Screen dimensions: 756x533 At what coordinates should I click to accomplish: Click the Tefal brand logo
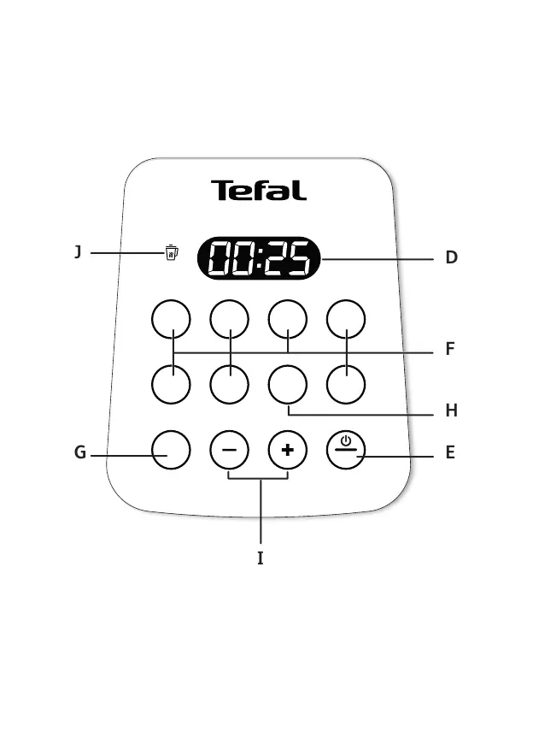click(x=258, y=191)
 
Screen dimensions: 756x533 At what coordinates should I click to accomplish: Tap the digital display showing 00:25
click(x=259, y=258)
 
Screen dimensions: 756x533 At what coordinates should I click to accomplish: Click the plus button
click(x=288, y=450)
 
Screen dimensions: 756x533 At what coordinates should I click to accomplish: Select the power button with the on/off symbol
click(x=345, y=450)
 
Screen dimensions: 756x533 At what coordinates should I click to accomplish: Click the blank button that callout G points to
click(x=171, y=450)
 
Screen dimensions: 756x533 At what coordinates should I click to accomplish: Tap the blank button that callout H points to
click(x=288, y=384)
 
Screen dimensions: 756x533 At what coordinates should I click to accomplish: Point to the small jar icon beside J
click(x=172, y=252)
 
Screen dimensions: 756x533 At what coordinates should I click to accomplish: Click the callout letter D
click(x=451, y=258)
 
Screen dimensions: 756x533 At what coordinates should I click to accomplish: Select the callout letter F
click(x=449, y=350)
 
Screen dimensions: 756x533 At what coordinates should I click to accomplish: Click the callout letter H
click(x=451, y=411)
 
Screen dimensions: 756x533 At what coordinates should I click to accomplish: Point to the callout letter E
click(x=450, y=453)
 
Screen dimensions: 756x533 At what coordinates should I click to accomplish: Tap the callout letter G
click(x=79, y=453)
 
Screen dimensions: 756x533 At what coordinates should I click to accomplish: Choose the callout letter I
click(x=261, y=558)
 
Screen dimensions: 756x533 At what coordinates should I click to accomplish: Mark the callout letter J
click(x=78, y=252)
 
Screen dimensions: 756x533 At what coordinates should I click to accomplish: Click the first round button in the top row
click(x=171, y=319)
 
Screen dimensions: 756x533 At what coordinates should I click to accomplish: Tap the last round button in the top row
click(x=346, y=319)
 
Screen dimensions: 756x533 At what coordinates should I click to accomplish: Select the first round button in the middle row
click(x=171, y=384)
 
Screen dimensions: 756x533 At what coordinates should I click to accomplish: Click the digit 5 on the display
click(x=297, y=258)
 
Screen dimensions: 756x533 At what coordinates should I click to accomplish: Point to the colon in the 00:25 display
click(x=258, y=258)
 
